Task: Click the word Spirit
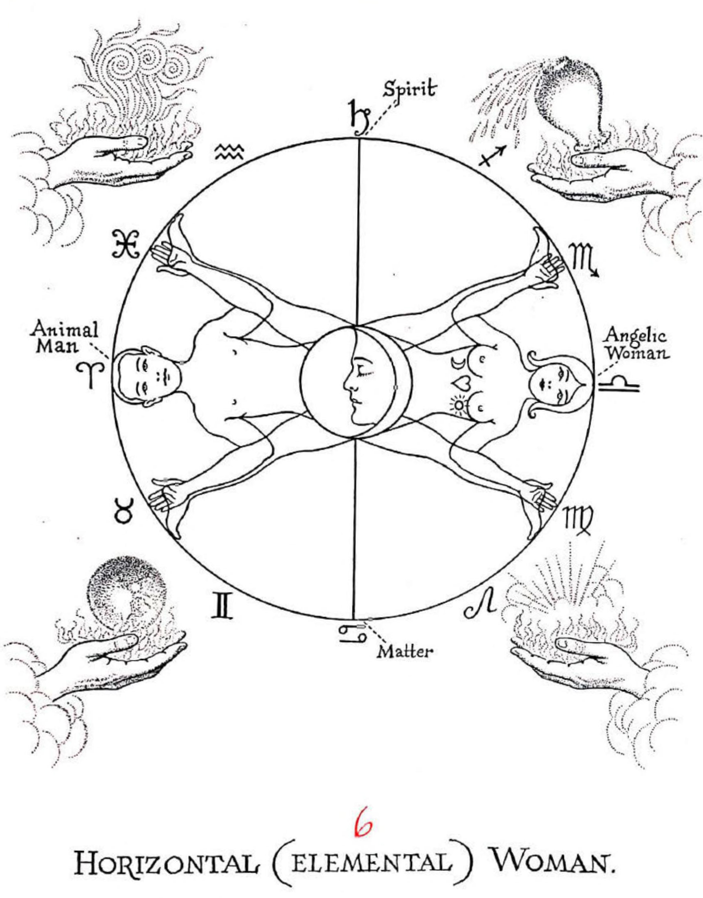409,90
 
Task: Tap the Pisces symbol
126,244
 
